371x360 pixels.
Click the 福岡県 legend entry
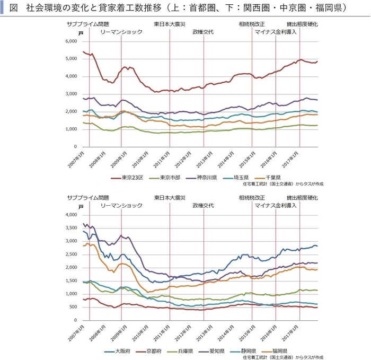[x=278, y=351]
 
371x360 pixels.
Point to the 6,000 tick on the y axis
[x=70, y=41]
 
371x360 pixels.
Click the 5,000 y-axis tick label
[x=70, y=59]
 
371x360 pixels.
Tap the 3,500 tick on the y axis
[x=70, y=228]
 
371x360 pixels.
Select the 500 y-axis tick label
[x=72, y=307]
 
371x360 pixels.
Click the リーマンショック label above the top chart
[x=121, y=32]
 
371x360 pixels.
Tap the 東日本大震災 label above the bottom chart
[x=170, y=197]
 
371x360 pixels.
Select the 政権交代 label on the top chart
[x=203, y=32]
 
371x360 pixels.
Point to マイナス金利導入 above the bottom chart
[x=276, y=205]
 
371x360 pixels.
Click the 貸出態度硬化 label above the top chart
[x=302, y=24]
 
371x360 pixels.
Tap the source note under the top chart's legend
[x=282, y=184]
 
